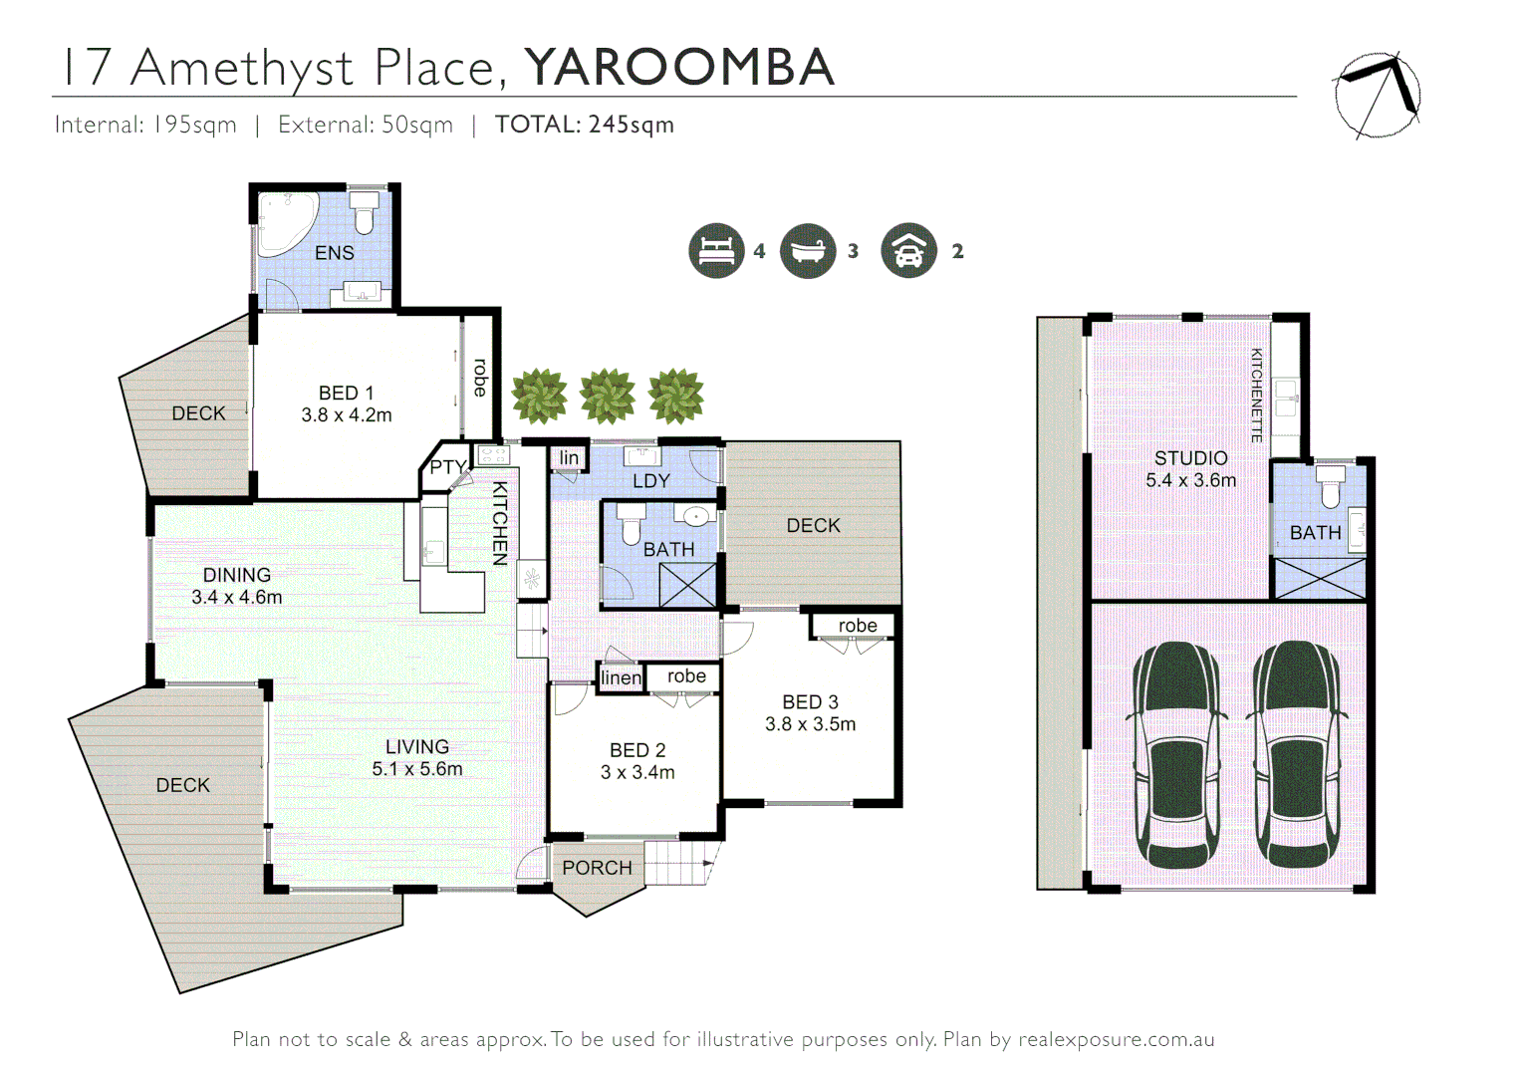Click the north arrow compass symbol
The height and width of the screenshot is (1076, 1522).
pos(1378,95)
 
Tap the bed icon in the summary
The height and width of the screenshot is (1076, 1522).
pos(716,251)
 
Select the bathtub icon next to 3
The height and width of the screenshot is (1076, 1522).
pos(808,251)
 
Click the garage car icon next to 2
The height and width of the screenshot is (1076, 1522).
pos(908,251)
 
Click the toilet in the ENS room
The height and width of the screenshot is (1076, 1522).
pos(364,212)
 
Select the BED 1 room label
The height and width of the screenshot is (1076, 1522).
pos(346,394)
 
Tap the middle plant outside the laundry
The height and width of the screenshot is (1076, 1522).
pos(608,396)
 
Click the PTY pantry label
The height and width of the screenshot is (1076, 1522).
pos(447,467)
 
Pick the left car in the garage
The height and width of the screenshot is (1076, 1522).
pos(1176,754)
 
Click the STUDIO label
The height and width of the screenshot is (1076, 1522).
pos(1190,458)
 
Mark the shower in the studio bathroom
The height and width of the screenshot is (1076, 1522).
pos(1320,579)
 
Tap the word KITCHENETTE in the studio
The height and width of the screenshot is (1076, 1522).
pos(1256,396)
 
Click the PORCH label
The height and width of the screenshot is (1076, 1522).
pos(597,868)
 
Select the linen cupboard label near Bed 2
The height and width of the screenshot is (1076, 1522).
pos(621,677)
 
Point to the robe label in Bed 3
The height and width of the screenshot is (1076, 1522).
pos(857,626)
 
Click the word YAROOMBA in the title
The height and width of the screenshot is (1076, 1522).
pos(679,68)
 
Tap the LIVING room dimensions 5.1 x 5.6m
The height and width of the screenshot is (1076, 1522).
pos(416,769)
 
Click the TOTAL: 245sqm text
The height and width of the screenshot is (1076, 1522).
pos(585,125)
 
